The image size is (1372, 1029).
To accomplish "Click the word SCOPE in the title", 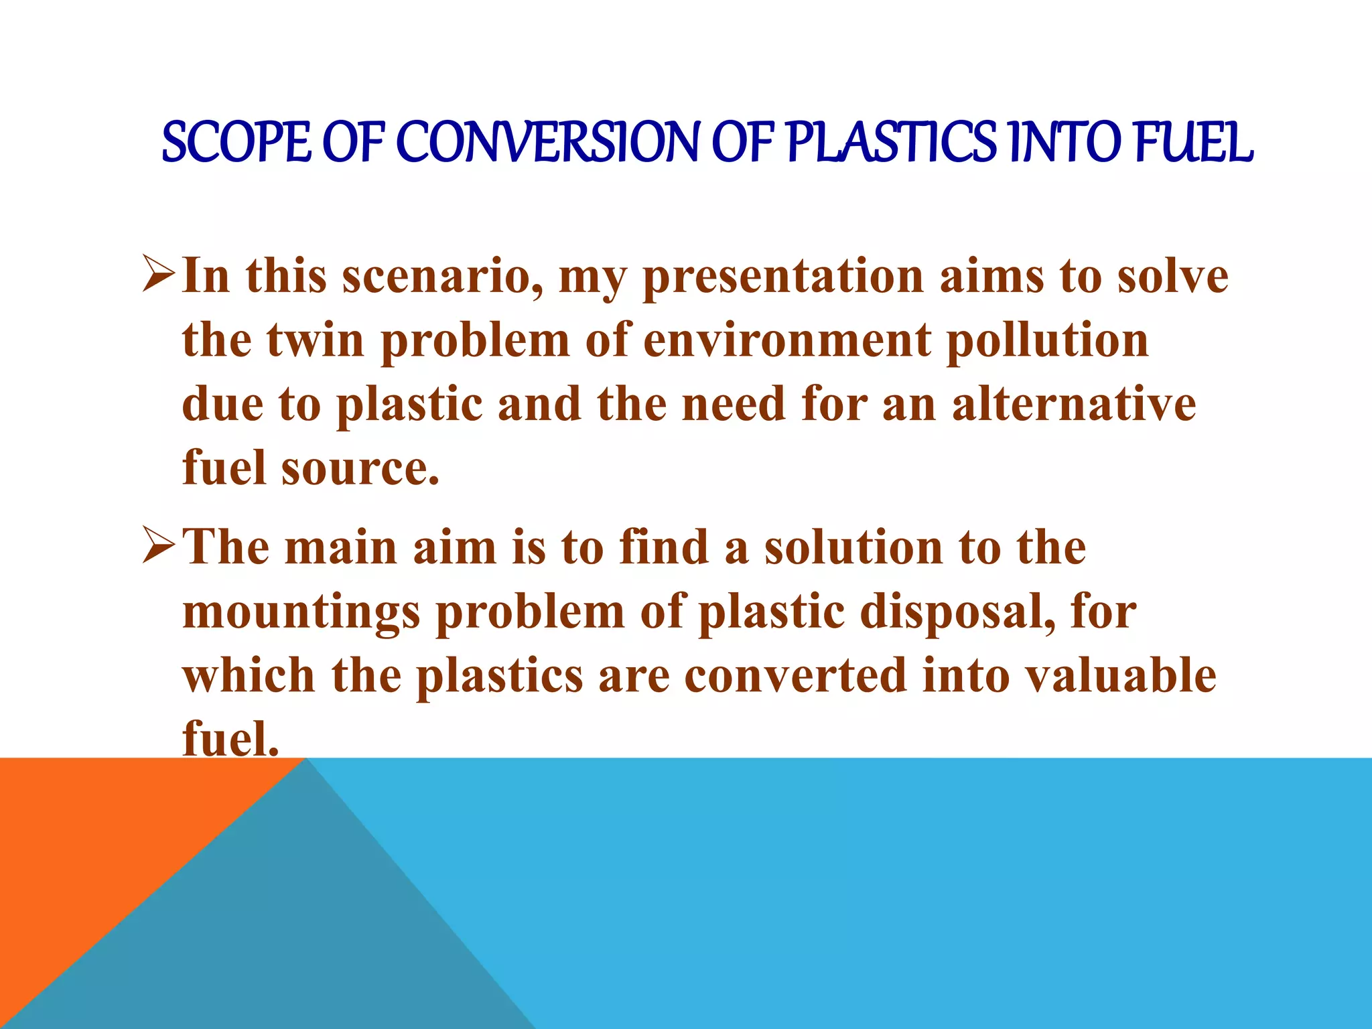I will point(236,143).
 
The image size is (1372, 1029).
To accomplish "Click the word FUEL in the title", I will point(1193,143).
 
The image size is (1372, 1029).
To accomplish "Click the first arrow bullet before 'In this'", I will point(159,276).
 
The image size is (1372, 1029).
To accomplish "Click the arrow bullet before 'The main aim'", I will point(159,547).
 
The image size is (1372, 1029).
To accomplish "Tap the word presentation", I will point(783,276).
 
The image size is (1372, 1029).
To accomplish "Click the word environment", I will point(786,340).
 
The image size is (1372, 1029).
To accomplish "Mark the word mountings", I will point(301,612).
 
